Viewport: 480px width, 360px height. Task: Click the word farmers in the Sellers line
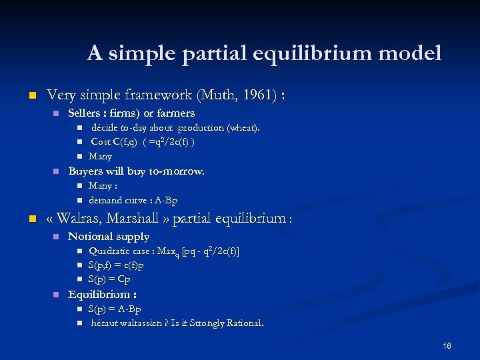174,113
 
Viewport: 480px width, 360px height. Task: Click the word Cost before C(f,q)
101,142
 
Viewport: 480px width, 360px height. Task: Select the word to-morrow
174,171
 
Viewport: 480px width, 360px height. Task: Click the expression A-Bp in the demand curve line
166,200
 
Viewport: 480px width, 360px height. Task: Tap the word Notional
90,237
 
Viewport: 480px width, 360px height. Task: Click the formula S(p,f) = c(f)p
116,265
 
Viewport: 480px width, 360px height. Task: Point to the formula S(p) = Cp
109,279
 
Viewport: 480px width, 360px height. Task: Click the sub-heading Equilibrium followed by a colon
103,294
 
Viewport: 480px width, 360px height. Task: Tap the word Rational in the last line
243,323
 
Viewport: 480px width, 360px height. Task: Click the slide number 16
446,345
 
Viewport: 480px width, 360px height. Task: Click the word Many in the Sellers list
100,157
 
